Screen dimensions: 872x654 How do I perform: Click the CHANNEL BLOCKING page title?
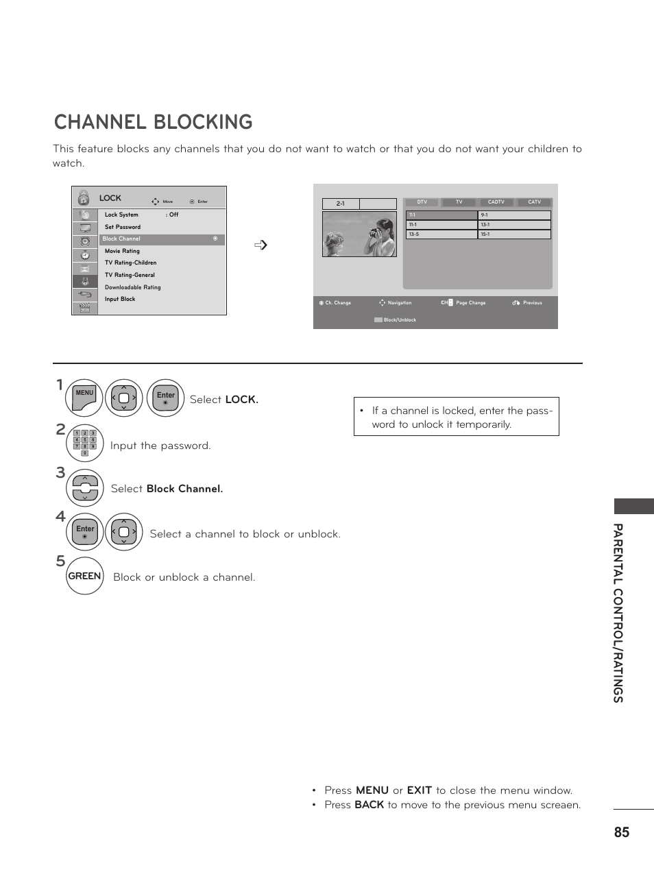click(x=153, y=122)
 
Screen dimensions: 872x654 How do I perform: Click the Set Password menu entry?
click(x=123, y=227)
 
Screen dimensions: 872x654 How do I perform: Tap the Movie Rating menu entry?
click(x=122, y=251)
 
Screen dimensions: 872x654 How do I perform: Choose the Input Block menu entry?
click(x=120, y=299)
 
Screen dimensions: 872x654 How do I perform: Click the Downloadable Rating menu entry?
click(x=133, y=287)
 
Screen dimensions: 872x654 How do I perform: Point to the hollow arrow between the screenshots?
click(x=261, y=245)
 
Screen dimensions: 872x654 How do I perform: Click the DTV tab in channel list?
click(x=422, y=202)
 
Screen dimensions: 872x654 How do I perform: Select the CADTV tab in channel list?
click(x=496, y=202)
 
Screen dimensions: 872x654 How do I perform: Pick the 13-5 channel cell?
click(x=441, y=234)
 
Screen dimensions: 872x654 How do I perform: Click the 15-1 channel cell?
click(x=514, y=234)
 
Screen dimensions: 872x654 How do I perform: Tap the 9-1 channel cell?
click(x=514, y=215)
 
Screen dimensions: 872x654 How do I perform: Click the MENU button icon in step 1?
click(x=84, y=398)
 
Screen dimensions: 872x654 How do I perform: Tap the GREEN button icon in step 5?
click(x=85, y=577)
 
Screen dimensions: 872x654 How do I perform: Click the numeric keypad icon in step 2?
click(x=85, y=443)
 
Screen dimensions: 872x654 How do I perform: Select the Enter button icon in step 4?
click(x=85, y=531)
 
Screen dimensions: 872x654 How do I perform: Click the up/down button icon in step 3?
click(x=85, y=488)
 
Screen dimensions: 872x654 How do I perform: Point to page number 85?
click(x=621, y=832)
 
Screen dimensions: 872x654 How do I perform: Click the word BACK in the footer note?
click(x=369, y=805)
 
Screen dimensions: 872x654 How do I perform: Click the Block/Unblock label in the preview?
click(x=400, y=320)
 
